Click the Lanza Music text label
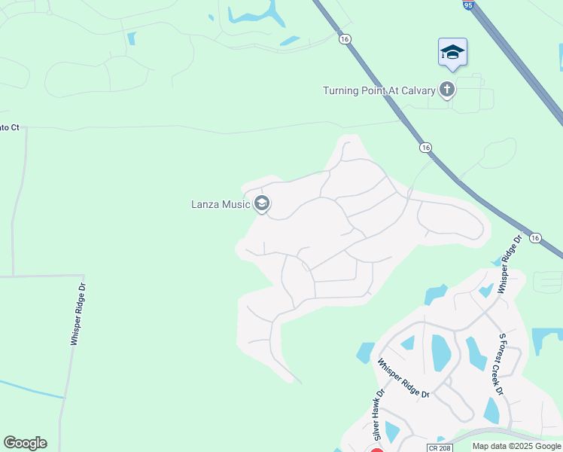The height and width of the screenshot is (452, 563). [220, 203]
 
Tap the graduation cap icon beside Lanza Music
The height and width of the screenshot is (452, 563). [262, 203]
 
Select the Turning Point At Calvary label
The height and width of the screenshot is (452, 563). [379, 90]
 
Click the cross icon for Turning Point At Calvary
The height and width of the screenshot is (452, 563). [447, 90]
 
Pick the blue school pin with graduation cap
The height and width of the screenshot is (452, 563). [452, 52]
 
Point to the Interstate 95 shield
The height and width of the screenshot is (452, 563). [468, 5]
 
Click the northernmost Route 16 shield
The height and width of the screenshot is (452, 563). [345, 39]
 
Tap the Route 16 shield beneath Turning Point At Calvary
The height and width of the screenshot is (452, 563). [426, 148]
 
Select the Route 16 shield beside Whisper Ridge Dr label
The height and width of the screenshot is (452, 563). [534, 237]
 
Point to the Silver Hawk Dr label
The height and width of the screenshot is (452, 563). [379, 415]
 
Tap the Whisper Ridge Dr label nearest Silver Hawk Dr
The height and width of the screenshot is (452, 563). [403, 377]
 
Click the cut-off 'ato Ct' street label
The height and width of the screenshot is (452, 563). [9, 128]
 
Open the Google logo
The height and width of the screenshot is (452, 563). [25, 443]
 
